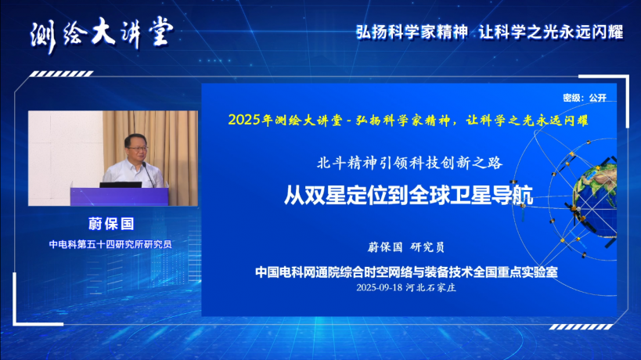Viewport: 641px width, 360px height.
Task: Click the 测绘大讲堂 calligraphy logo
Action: pyautogui.click(x=103, y=34)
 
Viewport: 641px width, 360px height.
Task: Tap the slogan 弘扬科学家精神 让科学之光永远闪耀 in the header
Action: pyautogui.click(x=489, y=32)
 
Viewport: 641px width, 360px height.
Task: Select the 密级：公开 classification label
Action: pyautogui.click(x=584, y=98)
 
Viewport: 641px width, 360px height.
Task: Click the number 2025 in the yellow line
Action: pyautogui.click(x=244, y=121)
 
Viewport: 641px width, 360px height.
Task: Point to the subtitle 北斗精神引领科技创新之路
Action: pyautogui.click(x=409, y=163)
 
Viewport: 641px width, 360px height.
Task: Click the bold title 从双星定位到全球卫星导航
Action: pyautogui.click(x=409, y=195)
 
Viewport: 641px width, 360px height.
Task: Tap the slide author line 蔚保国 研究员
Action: pyautogui.click(x=406, y=247)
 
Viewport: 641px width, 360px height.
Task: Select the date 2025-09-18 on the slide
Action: pyautogui.click(x=380, y=288)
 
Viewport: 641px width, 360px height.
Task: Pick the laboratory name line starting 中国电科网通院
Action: pyautogui.click(x=406, y=272)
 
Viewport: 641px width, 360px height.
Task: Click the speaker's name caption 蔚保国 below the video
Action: pyautogui.click(x=111, y=224)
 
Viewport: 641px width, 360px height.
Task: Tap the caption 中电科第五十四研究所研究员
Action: pyautogui.click(x=110, y=244)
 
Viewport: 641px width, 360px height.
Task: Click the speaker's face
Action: pyautogui.click(x=137, y=149)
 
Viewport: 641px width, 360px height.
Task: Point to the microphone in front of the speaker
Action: pyautogui.click(x=148, y=175)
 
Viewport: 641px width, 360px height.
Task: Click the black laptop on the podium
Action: pyautogui.click(x=121, y=185)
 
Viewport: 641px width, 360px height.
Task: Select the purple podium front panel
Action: pyautogui.click(x=120, y=196)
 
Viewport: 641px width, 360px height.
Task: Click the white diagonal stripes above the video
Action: pyautogui.click(x=61, y=74)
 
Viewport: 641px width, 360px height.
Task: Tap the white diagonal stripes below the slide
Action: pyautogui.click(x=581, y=327)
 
